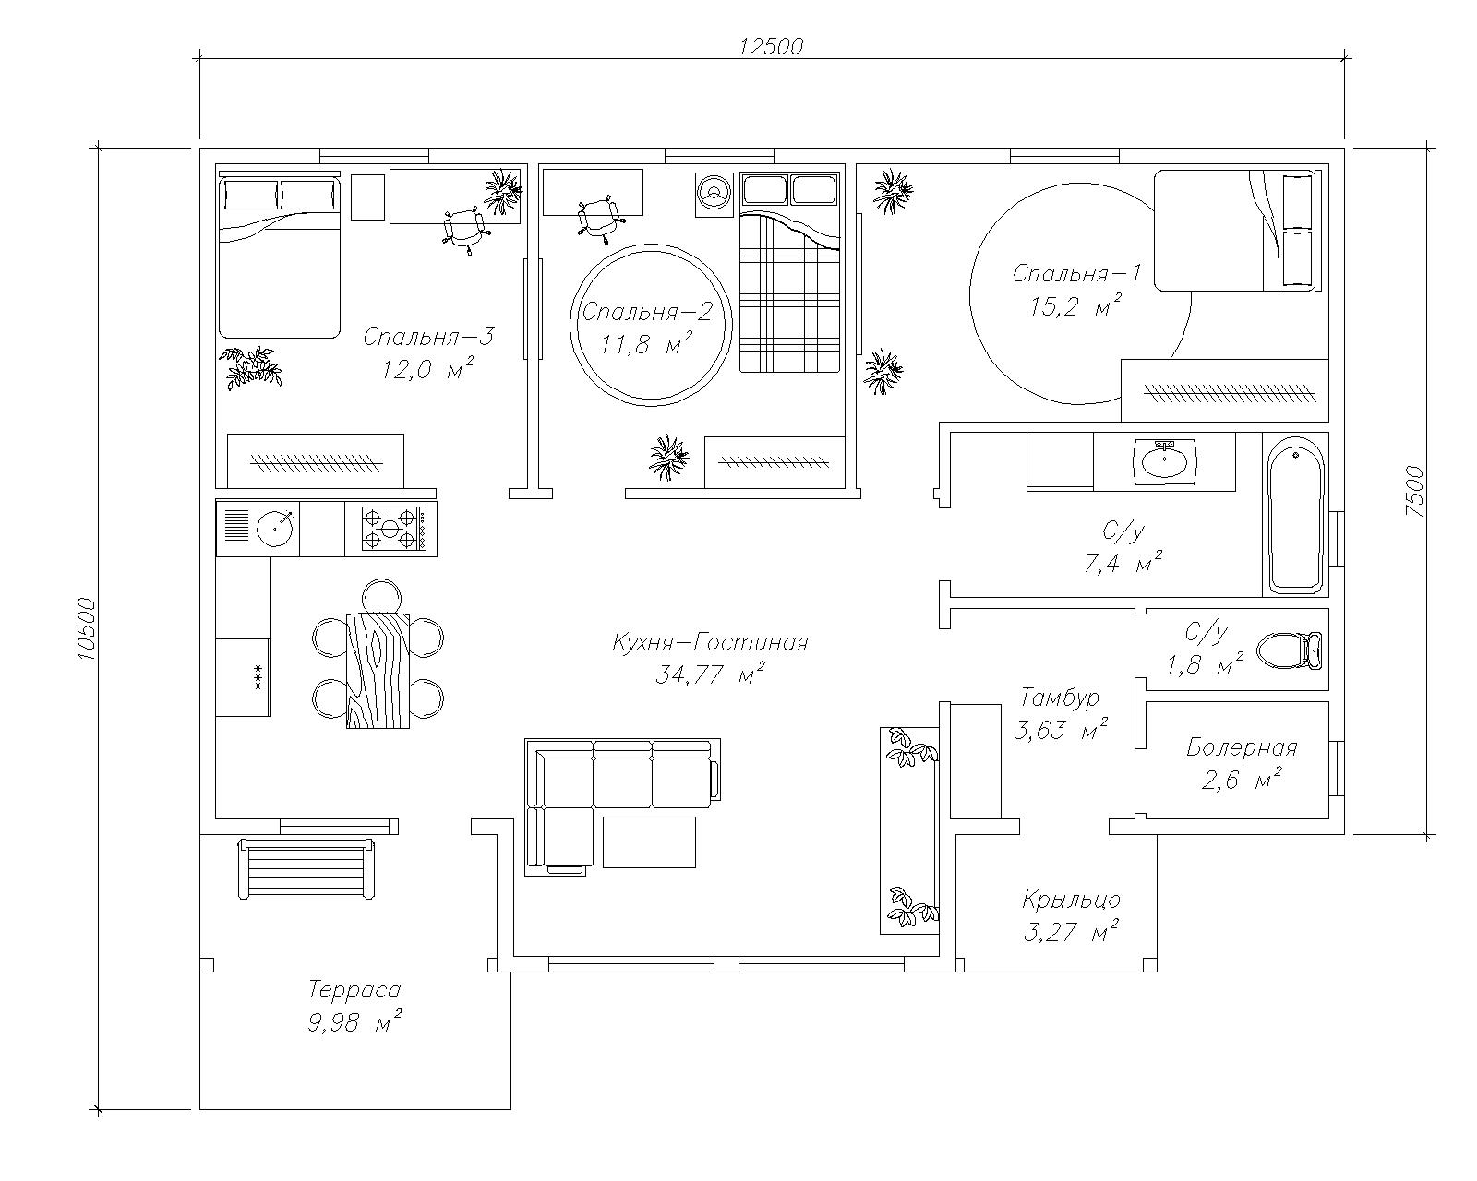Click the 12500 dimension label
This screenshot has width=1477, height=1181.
point(771,46)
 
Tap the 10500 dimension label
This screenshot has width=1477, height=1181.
point(87,629)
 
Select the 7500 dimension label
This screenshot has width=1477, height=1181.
point(1414,492)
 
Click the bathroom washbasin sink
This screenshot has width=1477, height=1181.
point(1165,459)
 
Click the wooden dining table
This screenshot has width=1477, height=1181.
point(378,670)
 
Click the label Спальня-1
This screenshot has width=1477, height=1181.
point(1076,273)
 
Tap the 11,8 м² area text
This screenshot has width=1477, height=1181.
point(644,344)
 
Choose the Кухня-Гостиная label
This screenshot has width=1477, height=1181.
point(710,643)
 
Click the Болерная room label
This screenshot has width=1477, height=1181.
point(1242,746)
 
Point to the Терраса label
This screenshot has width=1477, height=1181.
point(354,990)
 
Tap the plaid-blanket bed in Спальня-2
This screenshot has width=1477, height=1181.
point(789,273)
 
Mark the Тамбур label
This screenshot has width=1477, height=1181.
point(1060,698)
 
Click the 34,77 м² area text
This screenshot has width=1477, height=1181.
point(710,675)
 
